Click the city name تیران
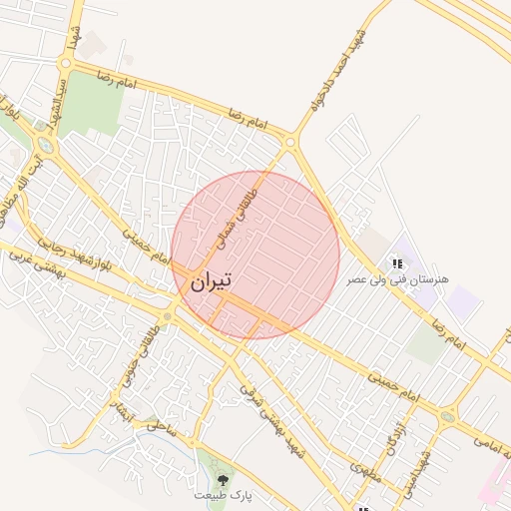click(x=210, y=281)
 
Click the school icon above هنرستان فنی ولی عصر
click(x=397, y=263)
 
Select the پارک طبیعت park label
click(x=223, y=494)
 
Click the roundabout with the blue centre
click(x=47, y=147)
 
